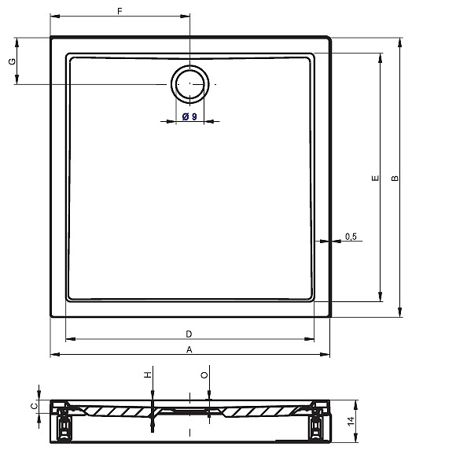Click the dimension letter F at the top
pyautogui.click(x=120, y=11)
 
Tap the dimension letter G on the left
pyautogui.click(x=13, y=61)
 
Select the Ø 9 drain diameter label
pyautogui.click(x=189, y=116)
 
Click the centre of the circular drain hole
pyautogui.click(x=190, y=84)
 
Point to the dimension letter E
pyautogui.click(x=376, y=178)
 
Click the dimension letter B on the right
pyautogui.click(x=395, y=178)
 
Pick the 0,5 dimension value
pyautogui.click(x=351, y=237)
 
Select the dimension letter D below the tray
pyautogui.click(x=189, y=334)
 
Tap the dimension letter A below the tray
pyautogui.click(x=189, y=349)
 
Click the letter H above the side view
pyautogui.click(x=148, y=375)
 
